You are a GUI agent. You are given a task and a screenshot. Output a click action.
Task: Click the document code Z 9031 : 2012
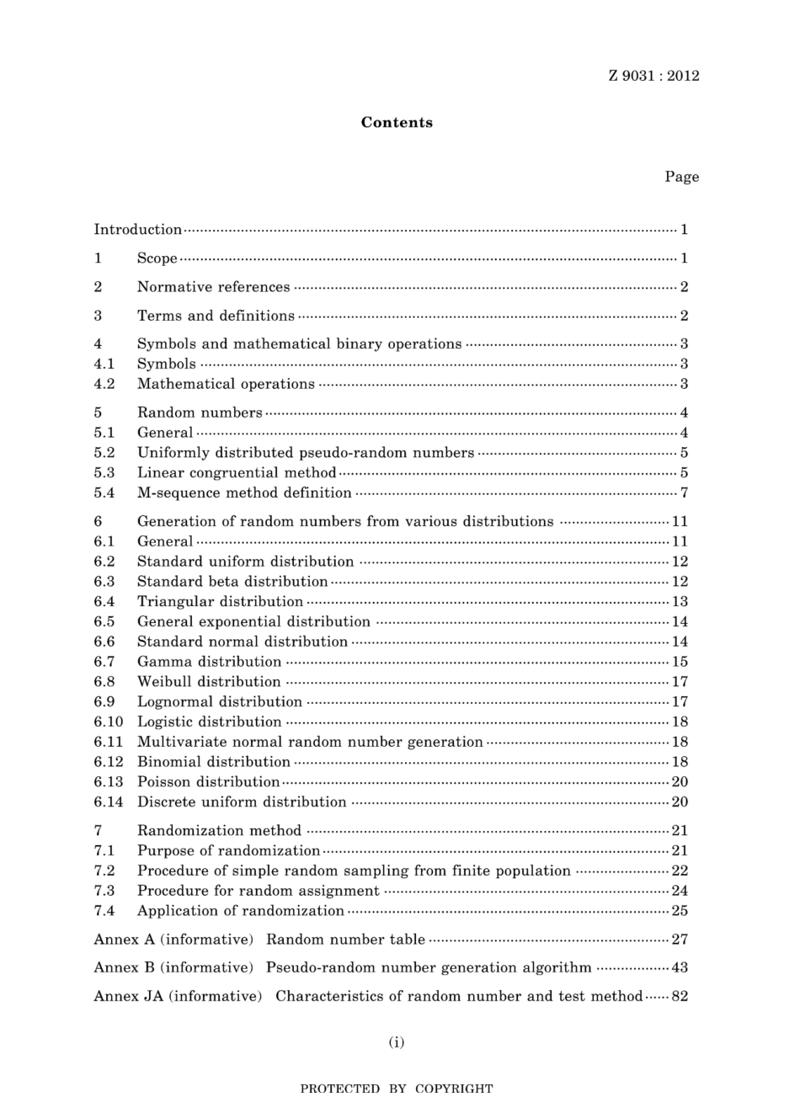(x=653, y=76)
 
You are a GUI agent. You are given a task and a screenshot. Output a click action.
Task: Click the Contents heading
(x=397, y=123)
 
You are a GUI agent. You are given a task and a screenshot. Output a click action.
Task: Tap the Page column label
(x=681, y=177)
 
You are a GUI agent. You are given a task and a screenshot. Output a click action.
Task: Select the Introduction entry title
(x=137, y=230)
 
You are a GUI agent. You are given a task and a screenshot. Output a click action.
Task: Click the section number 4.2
(x=104, y=385)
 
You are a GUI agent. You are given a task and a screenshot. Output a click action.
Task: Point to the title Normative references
(x=213, y=287)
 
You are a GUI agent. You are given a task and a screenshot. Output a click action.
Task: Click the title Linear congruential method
(x=237, y=473)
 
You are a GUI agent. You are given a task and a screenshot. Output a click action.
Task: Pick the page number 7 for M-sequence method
(x=685, y=493)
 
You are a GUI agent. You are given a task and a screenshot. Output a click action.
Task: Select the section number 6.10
(x=109, y=722)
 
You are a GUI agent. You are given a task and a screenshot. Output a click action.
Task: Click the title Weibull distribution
(x=209, y=682)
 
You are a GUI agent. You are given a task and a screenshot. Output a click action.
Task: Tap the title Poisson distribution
(x=208, y=782)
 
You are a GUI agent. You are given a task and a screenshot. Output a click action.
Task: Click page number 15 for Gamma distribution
(x=680, y=663)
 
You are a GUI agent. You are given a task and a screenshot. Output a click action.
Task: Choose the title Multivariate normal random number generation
(x=310, y=743)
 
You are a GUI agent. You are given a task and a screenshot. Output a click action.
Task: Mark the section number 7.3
(x=104, y=891)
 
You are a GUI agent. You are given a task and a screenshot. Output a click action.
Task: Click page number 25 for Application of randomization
(x=680, y=911)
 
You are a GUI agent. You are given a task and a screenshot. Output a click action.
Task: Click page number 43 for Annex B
(x=680, y=968)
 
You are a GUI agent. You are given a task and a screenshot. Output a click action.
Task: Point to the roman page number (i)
(x=397, y=1043)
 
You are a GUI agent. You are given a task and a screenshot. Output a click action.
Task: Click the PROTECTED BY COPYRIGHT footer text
(x=397, y=1089)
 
